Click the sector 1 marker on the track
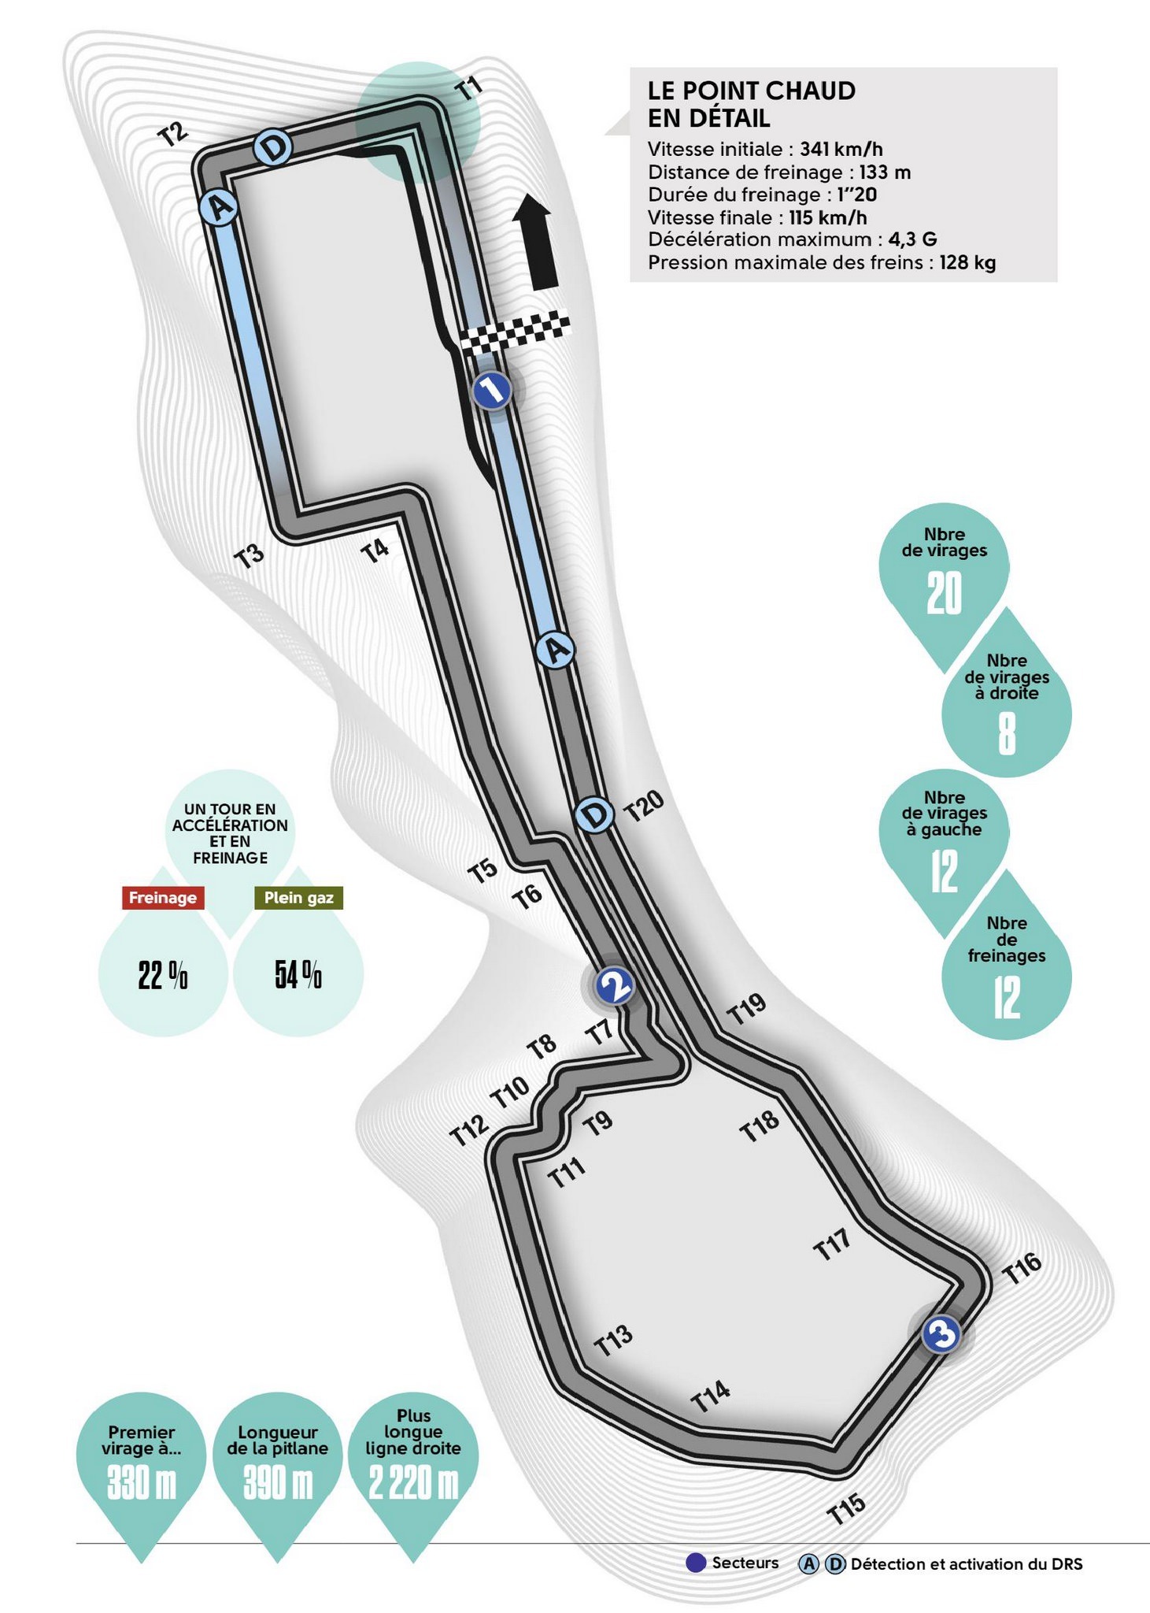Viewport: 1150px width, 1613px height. (492, 390)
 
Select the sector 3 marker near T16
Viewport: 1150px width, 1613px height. (941, 1334)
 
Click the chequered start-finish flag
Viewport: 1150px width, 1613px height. (516, 332)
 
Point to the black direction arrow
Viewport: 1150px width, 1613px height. (535, 243)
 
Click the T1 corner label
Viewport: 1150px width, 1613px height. (469, 89)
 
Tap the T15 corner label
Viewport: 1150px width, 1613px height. (847, 1508)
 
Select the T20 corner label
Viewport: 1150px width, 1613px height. (645, 806)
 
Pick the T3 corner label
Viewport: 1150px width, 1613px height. (250, 555)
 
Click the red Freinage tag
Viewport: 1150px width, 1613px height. (163, 898)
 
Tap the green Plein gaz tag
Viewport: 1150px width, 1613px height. (298, 898)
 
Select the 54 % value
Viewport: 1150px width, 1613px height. (298, 976)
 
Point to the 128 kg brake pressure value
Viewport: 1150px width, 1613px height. (967, 262)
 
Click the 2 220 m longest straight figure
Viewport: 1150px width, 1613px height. (413, 1485)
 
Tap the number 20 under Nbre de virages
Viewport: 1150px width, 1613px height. (944, 593)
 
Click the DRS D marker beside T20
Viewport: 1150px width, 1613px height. (594, 815)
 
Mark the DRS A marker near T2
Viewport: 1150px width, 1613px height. (219, 208)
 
